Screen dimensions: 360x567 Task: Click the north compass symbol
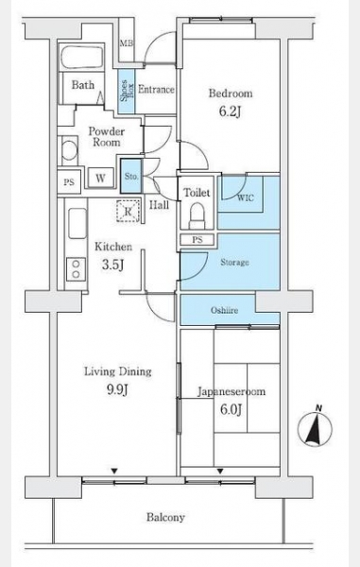point(315,428)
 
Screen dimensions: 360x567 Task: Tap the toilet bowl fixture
point(197,215)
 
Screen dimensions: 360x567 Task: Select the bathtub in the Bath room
point(81,58)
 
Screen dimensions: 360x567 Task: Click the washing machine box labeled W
point(100,178)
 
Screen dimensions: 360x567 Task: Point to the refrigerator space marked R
point(128,211)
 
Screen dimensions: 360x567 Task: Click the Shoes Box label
point(127,91)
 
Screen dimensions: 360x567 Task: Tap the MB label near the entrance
point(127,43)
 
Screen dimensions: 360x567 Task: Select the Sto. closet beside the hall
point(130,176)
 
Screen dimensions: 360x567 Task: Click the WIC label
point(246,198)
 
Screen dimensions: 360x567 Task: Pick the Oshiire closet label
point(225,310)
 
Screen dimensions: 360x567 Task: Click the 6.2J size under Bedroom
point(230,112)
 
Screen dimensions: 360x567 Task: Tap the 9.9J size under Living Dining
point(117,389)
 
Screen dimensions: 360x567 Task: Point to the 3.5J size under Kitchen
point(113,265)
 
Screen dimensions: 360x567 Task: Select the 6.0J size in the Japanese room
point(231,409)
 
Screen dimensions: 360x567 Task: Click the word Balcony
point(165,518)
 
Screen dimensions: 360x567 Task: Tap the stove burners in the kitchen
point(76,269)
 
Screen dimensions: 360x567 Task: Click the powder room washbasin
point(69,149)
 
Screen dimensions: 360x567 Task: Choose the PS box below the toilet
point(197,240)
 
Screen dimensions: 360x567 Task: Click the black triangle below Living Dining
point(114,471)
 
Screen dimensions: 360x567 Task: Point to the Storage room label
point(234,262)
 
